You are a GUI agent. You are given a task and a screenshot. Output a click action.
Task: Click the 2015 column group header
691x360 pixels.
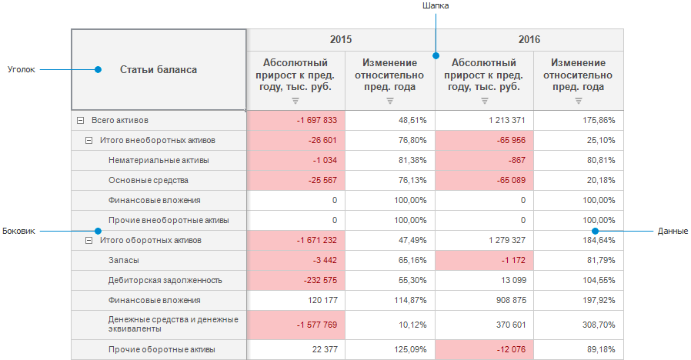[x=341, y=39]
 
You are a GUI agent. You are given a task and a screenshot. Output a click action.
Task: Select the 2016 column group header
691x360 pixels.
[x=529, y=39]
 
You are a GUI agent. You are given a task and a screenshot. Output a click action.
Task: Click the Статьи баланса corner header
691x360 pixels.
[x=159, y=70]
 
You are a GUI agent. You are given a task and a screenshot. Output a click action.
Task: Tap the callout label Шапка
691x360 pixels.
[x=436, y=5]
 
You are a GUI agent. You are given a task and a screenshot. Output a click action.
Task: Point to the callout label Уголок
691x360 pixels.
[x=21, y=69]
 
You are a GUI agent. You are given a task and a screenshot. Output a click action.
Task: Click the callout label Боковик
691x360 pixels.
[x=19, y=230]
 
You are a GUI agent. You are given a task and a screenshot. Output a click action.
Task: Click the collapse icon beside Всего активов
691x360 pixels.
[x=80, y=121]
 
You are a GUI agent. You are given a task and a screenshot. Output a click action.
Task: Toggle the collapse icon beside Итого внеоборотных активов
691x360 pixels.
[x=88, y=141]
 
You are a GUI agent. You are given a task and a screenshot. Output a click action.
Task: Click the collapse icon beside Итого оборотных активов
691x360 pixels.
[x=88, y=241]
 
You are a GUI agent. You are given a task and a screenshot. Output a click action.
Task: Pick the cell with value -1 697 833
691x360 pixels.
[x=295, y=121]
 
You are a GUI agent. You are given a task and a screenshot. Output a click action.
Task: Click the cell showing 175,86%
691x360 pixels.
[x=578, y=121]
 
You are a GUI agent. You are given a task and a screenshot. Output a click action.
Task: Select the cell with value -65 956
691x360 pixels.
[x=484, y=141]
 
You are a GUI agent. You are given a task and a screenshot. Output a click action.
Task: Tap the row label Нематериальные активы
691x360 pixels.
[x=159, y=161]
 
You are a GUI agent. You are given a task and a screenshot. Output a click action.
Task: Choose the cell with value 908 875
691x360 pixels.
[x=484, y=301]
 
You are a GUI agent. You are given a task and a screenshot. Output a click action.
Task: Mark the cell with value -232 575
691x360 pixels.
[x=295, y=281]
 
